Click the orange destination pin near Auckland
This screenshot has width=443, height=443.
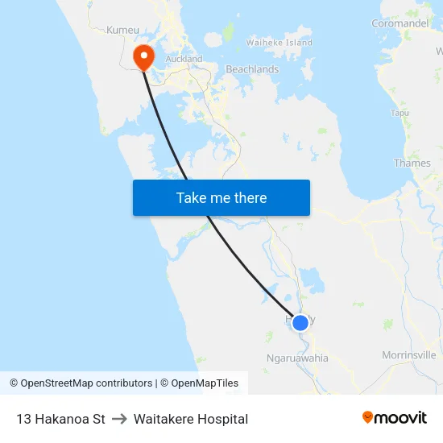[143, 56]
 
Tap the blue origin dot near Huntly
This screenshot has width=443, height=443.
[300, 323]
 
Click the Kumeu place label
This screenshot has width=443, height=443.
[122, 30]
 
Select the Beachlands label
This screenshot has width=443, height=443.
[252, 69]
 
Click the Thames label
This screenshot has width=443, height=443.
[412, 163]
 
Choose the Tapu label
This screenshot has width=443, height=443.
[400, 113]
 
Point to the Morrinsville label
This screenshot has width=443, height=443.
[409, 354]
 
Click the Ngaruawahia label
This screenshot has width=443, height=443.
[297, 358]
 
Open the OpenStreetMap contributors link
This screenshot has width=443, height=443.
[81, 383]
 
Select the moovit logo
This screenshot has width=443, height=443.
[395, 418]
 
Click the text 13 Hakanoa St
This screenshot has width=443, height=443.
[60, 419]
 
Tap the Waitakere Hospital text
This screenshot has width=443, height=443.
[191, 419]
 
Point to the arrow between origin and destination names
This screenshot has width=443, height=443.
[119, 419]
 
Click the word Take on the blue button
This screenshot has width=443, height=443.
[191, 197]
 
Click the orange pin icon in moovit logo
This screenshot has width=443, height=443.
[368, 417]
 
